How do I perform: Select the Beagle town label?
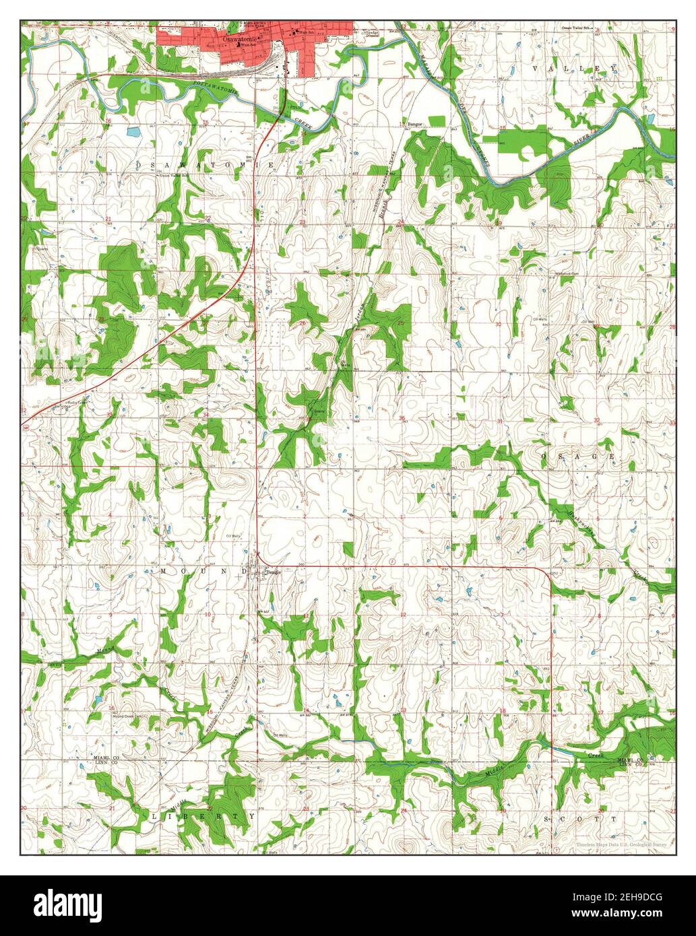(272, 572)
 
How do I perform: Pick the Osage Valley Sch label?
(580, 28)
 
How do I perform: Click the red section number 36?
(402, 419)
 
